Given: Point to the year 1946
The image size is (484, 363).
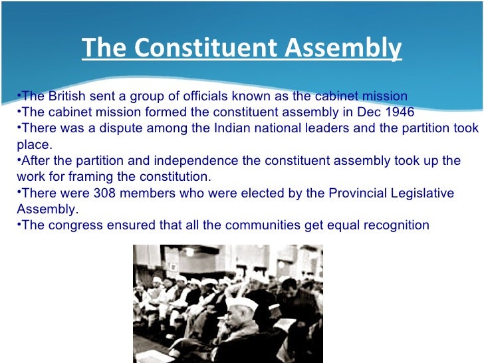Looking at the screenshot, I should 397,111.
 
